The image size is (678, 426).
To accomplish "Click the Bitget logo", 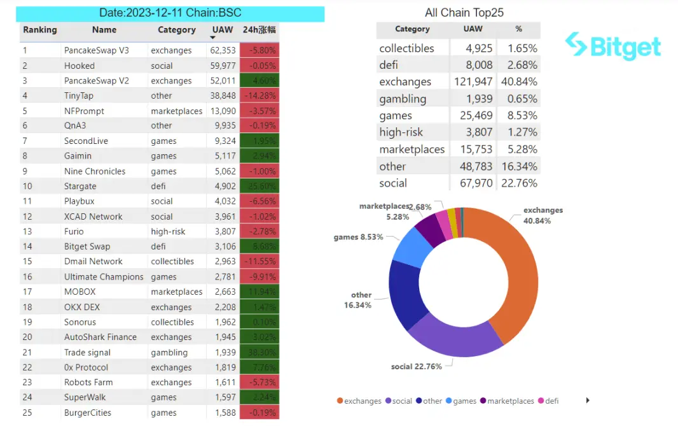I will tap(613, 46).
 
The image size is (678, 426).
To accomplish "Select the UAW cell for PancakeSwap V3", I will tap(223, 50).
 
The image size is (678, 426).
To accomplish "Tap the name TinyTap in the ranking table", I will tap(78, 96).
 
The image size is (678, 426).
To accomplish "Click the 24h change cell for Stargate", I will tap(259, 187).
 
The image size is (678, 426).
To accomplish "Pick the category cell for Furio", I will tap(168, 232).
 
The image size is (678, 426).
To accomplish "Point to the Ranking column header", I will tap(39, 30).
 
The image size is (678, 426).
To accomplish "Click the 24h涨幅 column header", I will tap(259, 30).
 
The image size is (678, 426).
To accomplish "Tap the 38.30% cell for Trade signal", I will tap(259, 353).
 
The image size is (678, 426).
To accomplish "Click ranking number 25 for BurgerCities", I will tap(27, 413).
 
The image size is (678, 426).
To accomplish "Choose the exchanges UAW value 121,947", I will tap(473, 82).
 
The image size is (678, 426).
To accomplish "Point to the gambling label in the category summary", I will tap(403, 99).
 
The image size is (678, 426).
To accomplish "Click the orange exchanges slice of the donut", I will tap(509, 274).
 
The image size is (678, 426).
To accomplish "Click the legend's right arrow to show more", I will tap(588, 401).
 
